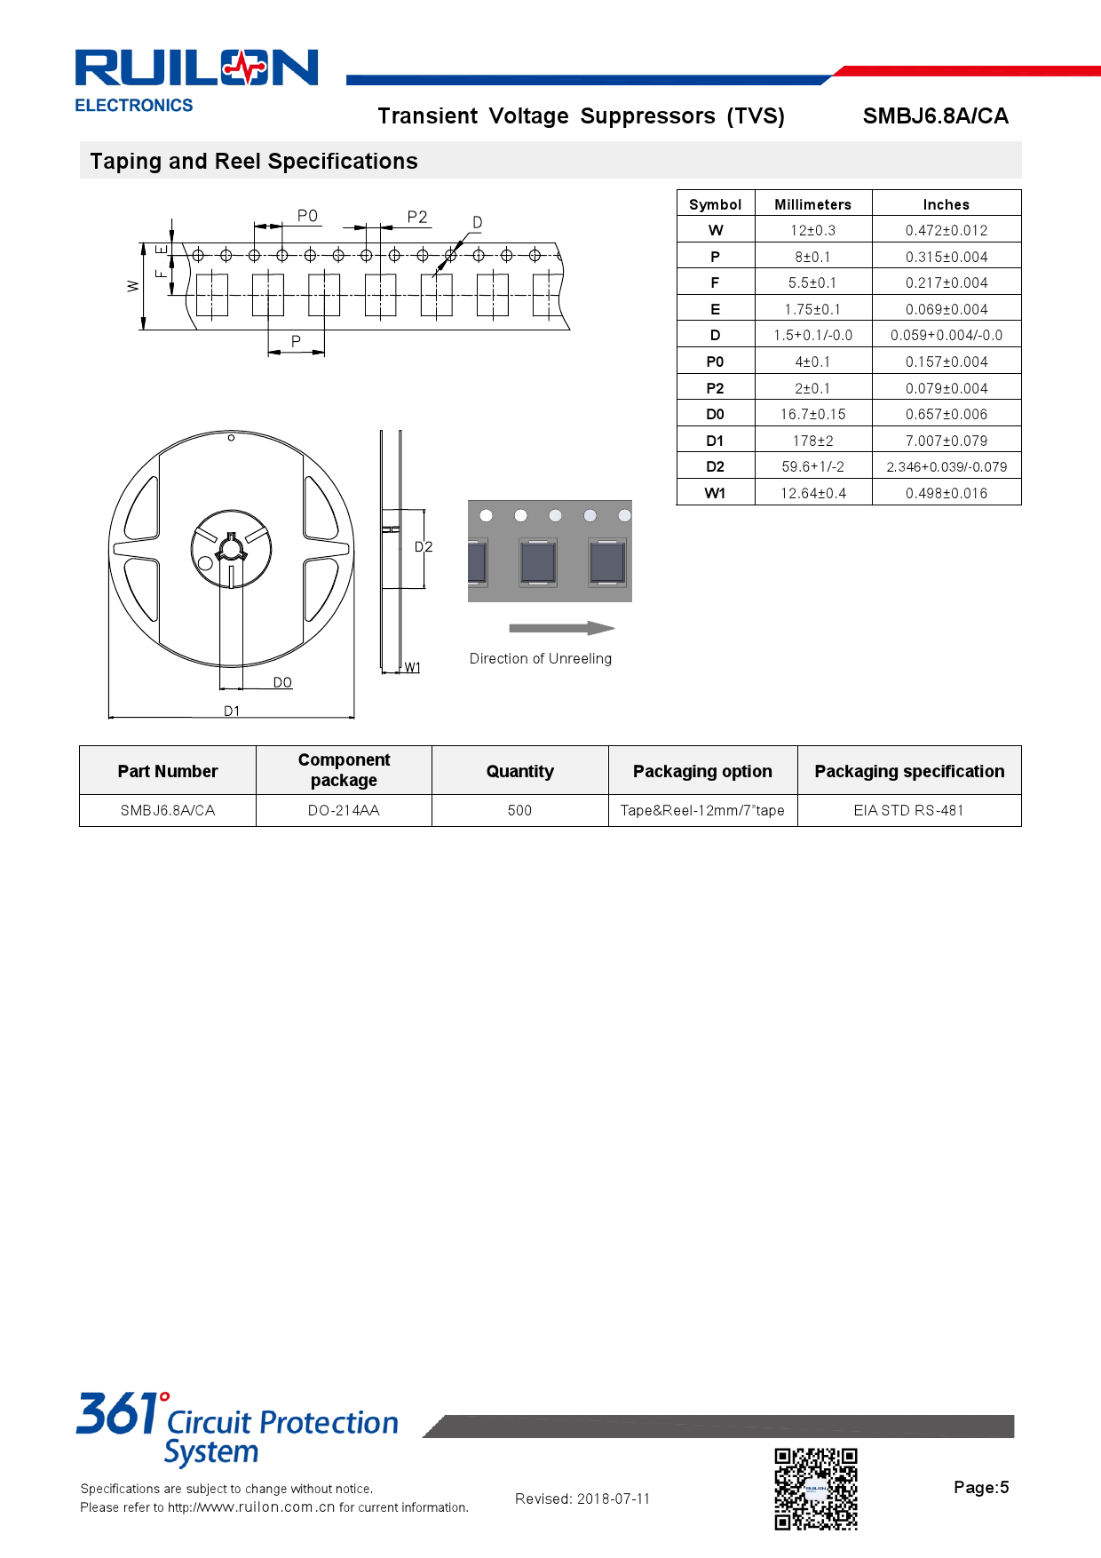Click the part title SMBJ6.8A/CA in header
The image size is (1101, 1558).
point(935,116)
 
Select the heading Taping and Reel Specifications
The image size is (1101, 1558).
point(254,162)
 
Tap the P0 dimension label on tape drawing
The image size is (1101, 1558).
point(307,216)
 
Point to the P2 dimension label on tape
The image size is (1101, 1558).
point(417,217)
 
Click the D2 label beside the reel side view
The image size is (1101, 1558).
point(424,547)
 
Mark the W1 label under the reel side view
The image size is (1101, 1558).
point(413,668)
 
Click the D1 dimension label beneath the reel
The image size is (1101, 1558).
point(232,711)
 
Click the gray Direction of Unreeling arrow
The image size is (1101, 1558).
point(561,628)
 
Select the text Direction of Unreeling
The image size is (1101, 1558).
point(540,659)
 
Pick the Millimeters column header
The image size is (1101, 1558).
point(812,204)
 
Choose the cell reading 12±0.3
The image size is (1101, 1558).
point(812,231)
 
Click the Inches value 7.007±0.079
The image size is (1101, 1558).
point(946,441)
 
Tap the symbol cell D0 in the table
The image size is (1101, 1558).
point(715,415)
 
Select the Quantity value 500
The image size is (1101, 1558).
point(519,811)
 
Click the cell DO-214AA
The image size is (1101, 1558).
point(344,811)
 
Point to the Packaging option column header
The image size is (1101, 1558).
point(702,772)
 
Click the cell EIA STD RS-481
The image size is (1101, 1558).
point(908,811)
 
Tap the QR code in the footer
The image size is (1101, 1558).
point(816,1489)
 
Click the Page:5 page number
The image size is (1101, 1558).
point(981,1488)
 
